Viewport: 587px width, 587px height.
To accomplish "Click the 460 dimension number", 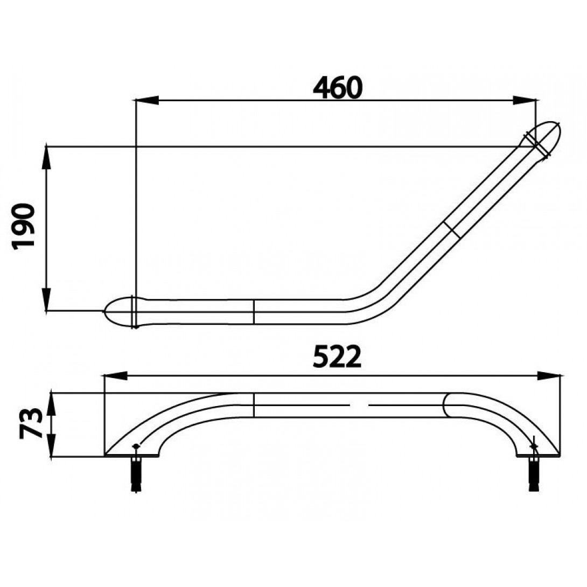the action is pyautogui.click(x=338, y=88).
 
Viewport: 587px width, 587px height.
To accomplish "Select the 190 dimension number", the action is pyautogui.click(x=24, y=226).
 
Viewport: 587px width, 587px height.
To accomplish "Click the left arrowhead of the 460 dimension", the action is pyautogui.click(x=146, y=100).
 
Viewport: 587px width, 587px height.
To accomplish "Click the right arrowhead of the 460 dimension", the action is pyautogui.click(x=524, y=100).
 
